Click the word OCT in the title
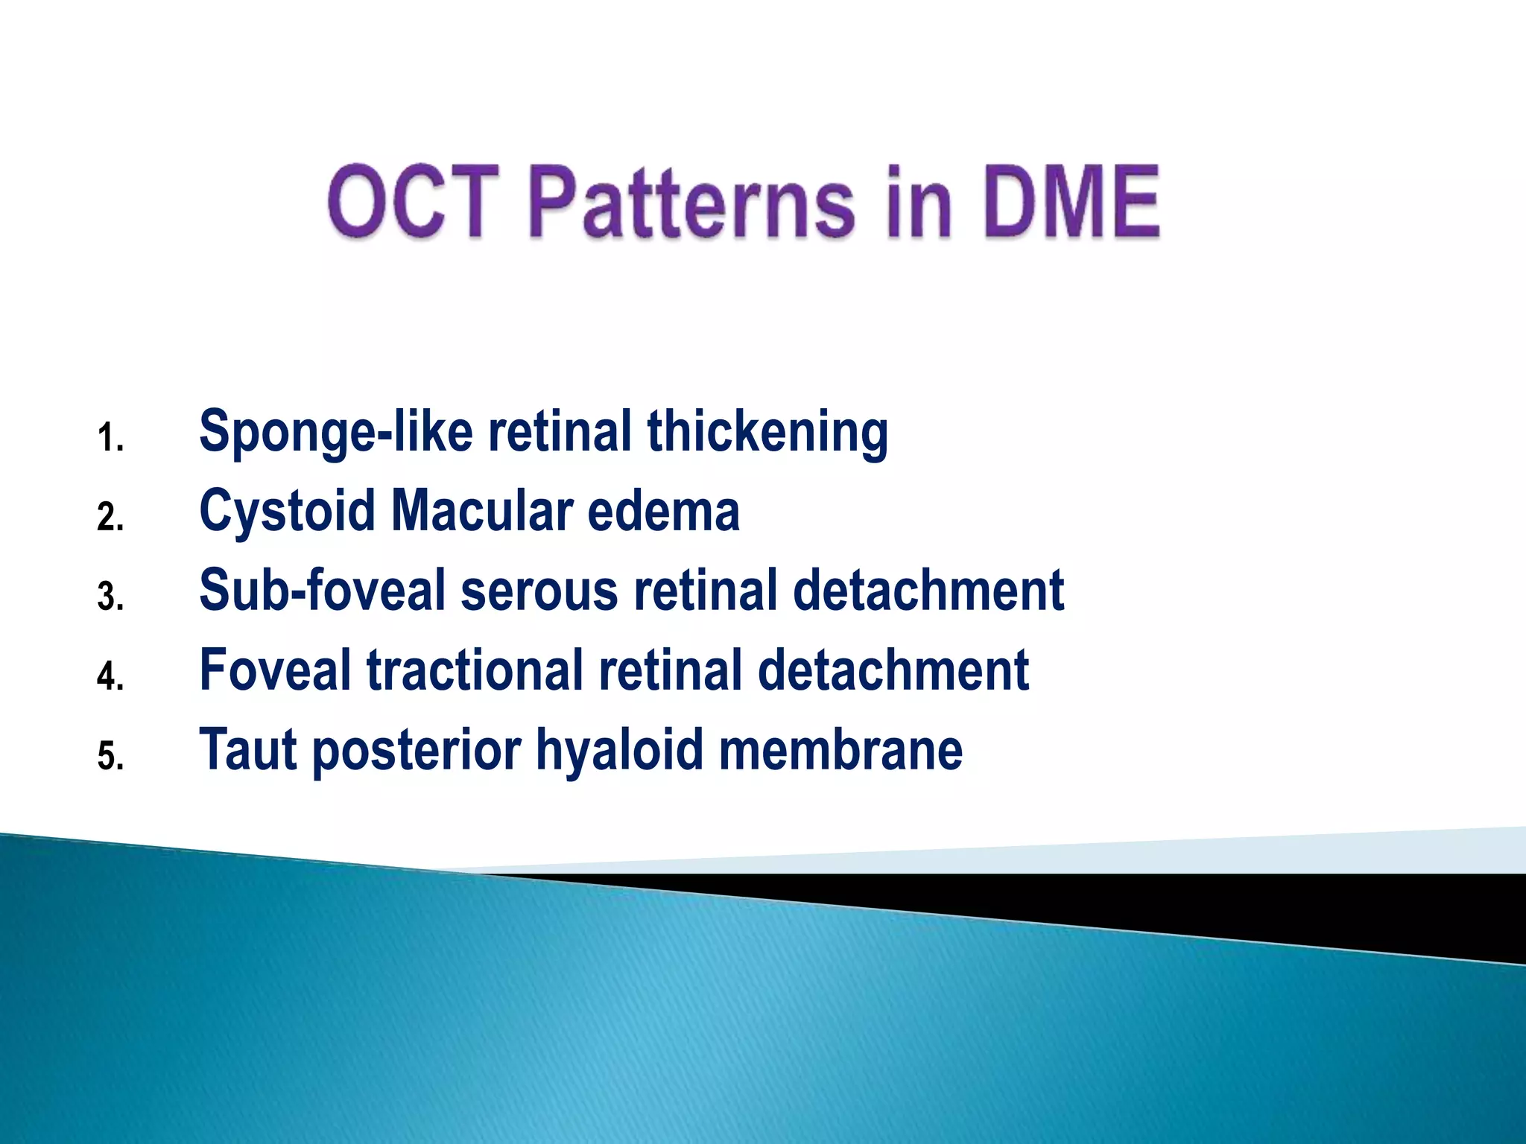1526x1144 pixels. tap(414, 201)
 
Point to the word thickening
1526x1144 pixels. tap(767, 432)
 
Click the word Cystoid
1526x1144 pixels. tap(287, 512)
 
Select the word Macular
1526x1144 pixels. tap(481, 512)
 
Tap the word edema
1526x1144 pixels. tap(663, 512)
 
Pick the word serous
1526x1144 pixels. tap(539, 591)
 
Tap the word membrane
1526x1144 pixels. tap(840, 749)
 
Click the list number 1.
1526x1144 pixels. tap(110, 438)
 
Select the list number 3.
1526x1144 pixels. tap(110, 597)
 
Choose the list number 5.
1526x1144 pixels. tap(110, 757)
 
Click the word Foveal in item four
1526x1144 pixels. tap(275, 670)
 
